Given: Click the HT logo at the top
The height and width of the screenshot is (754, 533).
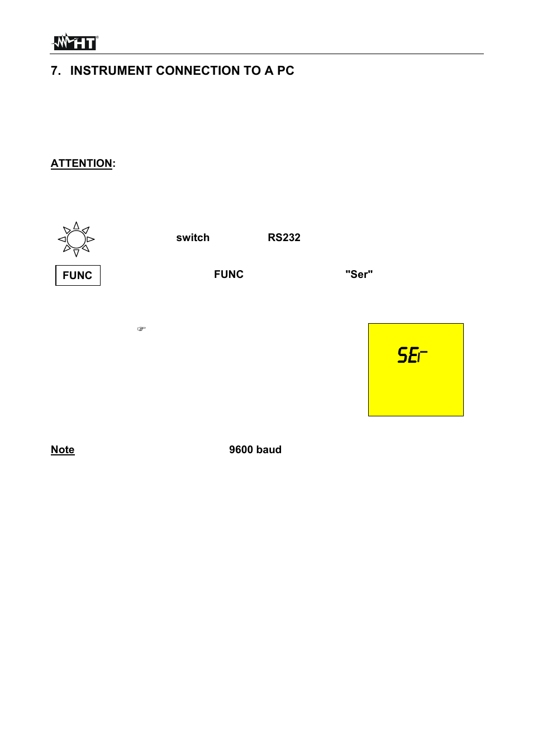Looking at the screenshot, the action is click(x=75, y=42).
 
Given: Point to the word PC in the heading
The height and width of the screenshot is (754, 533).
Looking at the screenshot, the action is click(x=285, y=71).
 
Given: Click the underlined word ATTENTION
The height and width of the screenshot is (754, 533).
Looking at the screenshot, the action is click(x=82, y=164).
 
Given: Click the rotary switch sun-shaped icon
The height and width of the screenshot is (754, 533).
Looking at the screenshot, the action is click(x=77, y=239).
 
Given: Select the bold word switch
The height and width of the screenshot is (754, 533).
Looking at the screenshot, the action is click(x=193, y=238).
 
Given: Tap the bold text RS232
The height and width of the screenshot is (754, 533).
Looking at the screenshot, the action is click(x=284, y=238).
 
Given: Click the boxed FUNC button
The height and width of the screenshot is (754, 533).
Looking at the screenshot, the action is click(x=78, y=276).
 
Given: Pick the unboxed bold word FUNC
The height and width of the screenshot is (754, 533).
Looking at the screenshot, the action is click(x=229, y=275).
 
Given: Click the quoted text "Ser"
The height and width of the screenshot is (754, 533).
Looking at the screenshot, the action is click(x=359, y=275).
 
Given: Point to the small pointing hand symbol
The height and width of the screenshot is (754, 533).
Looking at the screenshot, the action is click(x=141, y=329).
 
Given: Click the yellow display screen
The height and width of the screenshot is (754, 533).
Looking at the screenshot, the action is click(x=416, y=385).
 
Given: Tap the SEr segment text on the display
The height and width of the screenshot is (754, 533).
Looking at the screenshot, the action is click(x=412, y=355).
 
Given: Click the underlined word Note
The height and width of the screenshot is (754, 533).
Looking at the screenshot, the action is click(x=63, y=450).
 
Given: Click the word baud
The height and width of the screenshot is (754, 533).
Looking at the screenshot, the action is click(x=269, y=450).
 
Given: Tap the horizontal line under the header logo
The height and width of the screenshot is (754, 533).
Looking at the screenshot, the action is click(x=266, y=54).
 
